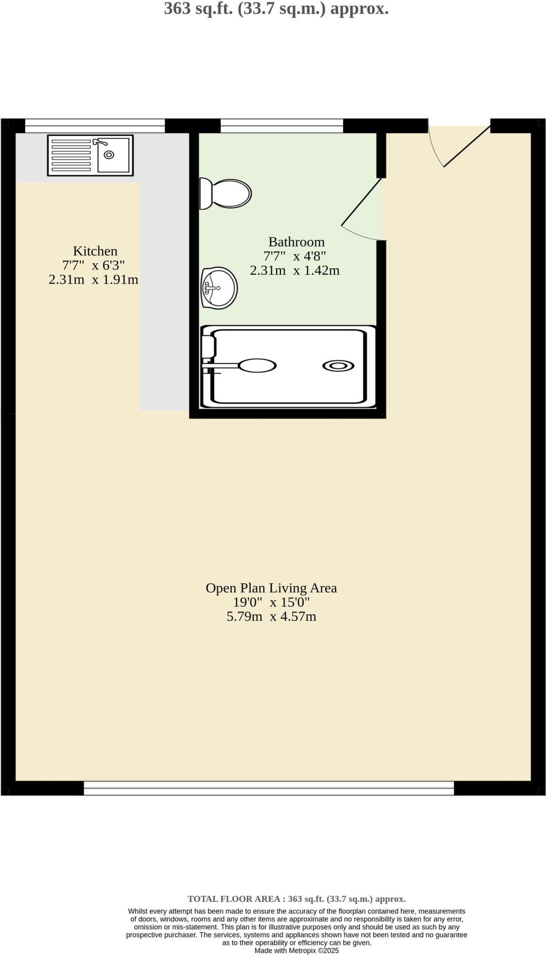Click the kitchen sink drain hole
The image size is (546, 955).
click(109, 155)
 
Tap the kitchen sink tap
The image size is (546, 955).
click(99, 142)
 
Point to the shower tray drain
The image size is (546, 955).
click(338, 366)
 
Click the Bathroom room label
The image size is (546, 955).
click(296, 242)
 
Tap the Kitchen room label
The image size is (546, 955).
click(95, 251)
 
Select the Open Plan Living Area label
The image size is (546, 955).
click(271, 588)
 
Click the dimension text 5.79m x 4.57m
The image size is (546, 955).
click(271, 617)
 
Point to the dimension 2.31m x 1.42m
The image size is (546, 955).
click(294, 270)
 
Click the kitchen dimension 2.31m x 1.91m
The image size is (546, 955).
click(93, 280)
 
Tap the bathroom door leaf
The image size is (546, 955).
click(362, 201)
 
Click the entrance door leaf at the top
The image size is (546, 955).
click(466, 146)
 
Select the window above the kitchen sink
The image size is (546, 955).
click(95, 125)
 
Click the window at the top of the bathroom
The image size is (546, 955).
click(282, 125)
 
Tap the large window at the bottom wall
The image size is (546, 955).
click(269, 788)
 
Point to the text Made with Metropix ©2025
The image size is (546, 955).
click(296, 950)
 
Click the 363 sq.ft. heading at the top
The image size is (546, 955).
click(276, 8)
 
